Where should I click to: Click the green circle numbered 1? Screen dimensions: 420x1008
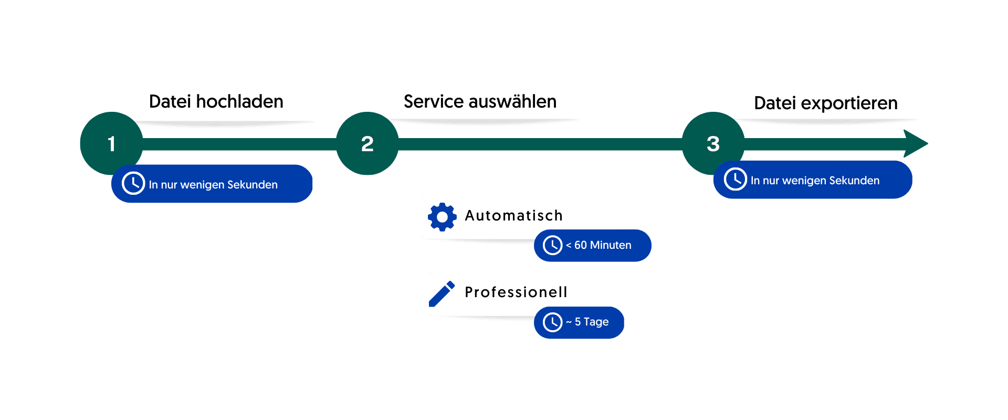111,143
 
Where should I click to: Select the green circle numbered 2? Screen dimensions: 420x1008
367,143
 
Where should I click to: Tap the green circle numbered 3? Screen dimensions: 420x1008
712,143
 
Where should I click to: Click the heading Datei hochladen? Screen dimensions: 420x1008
216,101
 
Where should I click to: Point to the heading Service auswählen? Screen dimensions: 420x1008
480,101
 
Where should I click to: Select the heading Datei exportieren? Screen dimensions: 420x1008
825,103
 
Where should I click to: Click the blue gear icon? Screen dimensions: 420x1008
442,217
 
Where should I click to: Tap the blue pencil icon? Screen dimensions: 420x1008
442,293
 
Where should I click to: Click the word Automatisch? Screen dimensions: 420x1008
513,216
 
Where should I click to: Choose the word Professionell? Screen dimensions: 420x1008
516,292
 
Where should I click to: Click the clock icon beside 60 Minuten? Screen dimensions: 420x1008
552,245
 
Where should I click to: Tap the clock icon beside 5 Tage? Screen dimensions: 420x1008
552,322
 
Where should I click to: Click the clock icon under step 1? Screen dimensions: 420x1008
133,183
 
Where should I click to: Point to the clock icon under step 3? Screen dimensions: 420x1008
735,179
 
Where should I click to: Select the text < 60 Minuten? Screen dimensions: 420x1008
598,245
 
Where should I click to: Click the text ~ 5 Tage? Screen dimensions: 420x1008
587,322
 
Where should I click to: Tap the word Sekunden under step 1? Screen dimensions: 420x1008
252,185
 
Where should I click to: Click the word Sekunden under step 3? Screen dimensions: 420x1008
854,181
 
